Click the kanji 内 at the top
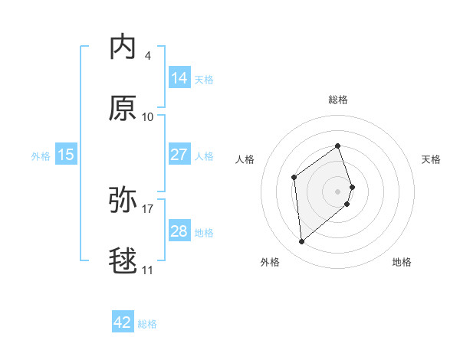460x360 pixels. (x=123, y=47)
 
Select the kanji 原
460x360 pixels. (x=123, y=109)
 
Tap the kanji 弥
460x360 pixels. (x=123, y=201)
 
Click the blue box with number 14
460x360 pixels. (x=179, y=77)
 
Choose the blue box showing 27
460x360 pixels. (x=179, y=154)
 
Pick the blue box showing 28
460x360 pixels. (x=179, y=231)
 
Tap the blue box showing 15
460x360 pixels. (x=66, y=154)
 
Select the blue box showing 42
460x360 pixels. (x=123, y=322)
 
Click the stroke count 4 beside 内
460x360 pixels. (x=147, y=55)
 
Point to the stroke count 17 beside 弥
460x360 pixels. (x=148, y=208)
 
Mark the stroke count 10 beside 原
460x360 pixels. (x=148, y=116)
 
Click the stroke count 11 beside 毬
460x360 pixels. (x=147, y=270)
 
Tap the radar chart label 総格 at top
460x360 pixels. (x=338, y=100)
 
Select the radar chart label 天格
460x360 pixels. (x=432, y=159)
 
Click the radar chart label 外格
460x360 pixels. (x=270, y=262)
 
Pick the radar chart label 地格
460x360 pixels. (x=402, y=262)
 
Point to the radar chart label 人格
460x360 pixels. (x=245, y=159)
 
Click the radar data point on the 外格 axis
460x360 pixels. (x=301, y=242)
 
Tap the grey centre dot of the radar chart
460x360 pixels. (x=338, y=191)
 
